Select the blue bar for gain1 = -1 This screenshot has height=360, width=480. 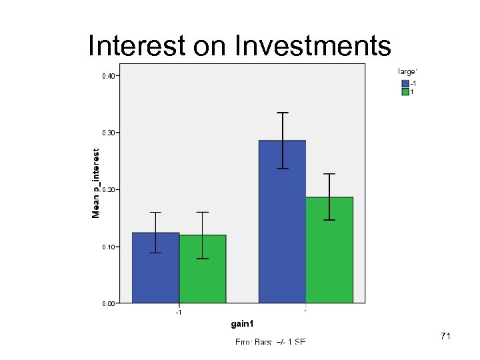(155, 268)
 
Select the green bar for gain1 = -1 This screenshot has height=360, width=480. (203, 269)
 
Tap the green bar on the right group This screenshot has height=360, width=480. (329, 250)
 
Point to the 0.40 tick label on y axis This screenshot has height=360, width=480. (108, 76)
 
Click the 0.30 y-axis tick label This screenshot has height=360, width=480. (108, 133)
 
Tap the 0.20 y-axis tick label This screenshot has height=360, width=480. (108, 190)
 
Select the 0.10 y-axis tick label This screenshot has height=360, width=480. (108, 247)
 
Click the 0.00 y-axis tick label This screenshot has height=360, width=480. (108, 304)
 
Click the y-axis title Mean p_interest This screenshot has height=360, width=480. (96, 183)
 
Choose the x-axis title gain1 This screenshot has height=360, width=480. (242, 325)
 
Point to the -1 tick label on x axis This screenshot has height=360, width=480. (178, 312)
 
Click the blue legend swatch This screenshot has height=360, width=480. (405, 83)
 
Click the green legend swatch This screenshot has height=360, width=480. (405, 92)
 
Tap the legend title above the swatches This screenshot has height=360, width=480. (407, 71)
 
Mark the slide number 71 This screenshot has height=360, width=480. (445, 337)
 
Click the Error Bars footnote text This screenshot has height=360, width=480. (270, 341)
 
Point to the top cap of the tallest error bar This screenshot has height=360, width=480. (282, 113)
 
